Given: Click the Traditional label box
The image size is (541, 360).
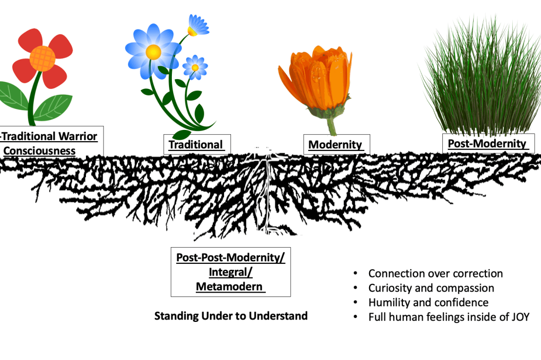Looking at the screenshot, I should point(196,145).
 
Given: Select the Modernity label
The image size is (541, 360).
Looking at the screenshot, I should point(336,145).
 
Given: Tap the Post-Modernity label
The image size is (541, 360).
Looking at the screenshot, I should point(487,143).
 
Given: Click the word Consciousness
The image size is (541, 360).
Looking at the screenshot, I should point(40,150).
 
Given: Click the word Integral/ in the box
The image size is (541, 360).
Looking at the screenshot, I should point(230,272).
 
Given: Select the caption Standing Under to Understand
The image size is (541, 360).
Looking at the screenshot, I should point(231,316).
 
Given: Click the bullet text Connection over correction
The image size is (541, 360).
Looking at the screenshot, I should point(436,274).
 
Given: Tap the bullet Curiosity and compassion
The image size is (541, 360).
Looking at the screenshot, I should point(431,288).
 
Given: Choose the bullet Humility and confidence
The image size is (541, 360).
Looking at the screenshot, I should point(428,303).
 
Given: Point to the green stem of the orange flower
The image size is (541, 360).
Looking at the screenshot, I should point(332,127).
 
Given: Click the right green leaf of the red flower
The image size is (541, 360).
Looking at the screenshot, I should point(54,107).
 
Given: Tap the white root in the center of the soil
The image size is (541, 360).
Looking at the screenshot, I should point(267,191).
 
